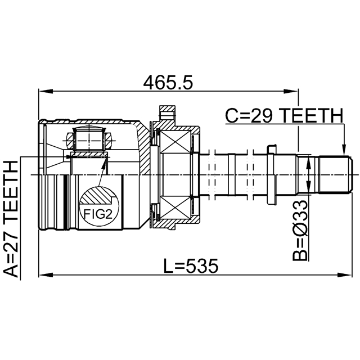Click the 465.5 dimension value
tap(168, 82)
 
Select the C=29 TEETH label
tap(283, 115)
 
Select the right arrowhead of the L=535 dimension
tap(347, 274)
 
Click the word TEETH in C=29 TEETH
tap(312, 115)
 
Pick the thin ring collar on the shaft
tap(272, 175)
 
